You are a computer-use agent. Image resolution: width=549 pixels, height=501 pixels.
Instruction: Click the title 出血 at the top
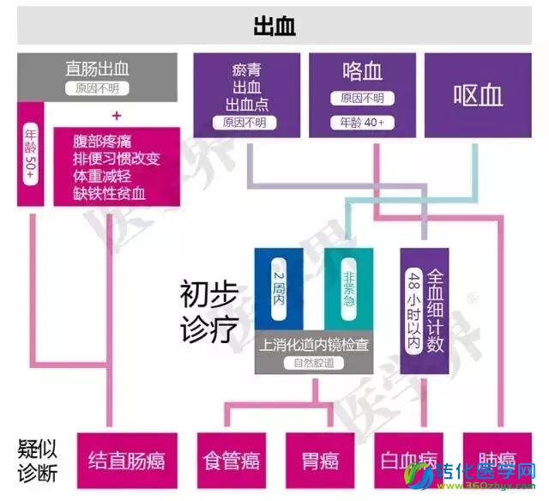(x=274, y=26)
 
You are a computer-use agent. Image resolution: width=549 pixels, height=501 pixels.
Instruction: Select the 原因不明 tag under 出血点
(x=245, y=122)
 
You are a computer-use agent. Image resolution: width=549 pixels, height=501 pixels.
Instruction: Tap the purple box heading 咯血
(x=362, y=73)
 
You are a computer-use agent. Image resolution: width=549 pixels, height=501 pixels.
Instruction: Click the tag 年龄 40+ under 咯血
(x=361, y=123)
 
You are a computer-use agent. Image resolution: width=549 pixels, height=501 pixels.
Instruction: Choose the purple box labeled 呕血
(x=477, y=94)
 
